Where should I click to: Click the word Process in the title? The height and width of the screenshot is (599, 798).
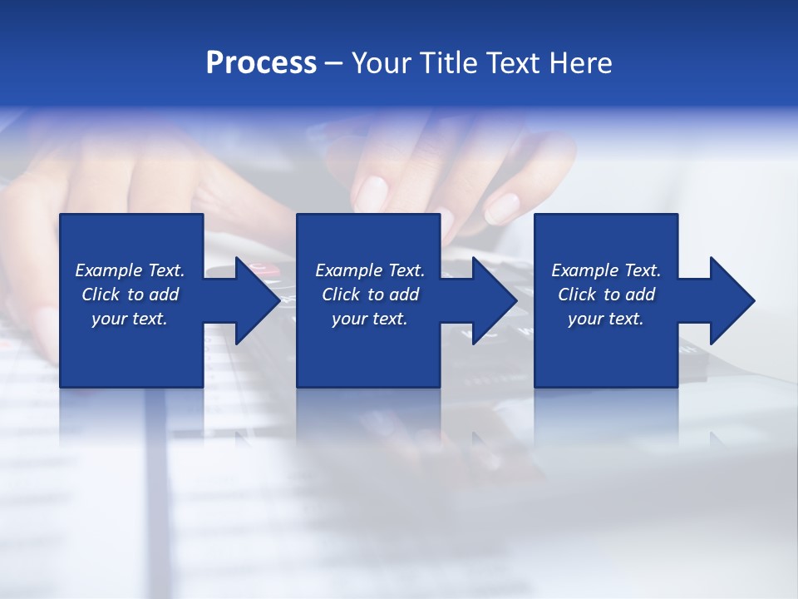tap(261, 63)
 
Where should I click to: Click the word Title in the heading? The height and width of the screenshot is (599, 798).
tap(450, 63)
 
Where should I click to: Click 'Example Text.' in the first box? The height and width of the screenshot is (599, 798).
tap(130, 270)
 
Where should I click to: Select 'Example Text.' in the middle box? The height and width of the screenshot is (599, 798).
tap(369, 270)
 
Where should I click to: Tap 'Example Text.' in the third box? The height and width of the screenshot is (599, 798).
tap(606, 270)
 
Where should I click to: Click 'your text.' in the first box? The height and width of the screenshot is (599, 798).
tap(130, 319)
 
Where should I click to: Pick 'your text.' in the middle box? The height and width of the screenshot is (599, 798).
tap(369, 319)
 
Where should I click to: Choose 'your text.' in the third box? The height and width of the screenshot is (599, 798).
tap(606, 319)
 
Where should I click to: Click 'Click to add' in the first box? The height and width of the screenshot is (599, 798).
tap(130, 295)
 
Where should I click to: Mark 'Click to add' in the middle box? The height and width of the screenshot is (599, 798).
tap(369, 295)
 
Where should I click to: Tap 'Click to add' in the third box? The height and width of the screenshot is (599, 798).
tap(606, 295)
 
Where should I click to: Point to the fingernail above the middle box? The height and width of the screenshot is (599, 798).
tap(372, 194)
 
